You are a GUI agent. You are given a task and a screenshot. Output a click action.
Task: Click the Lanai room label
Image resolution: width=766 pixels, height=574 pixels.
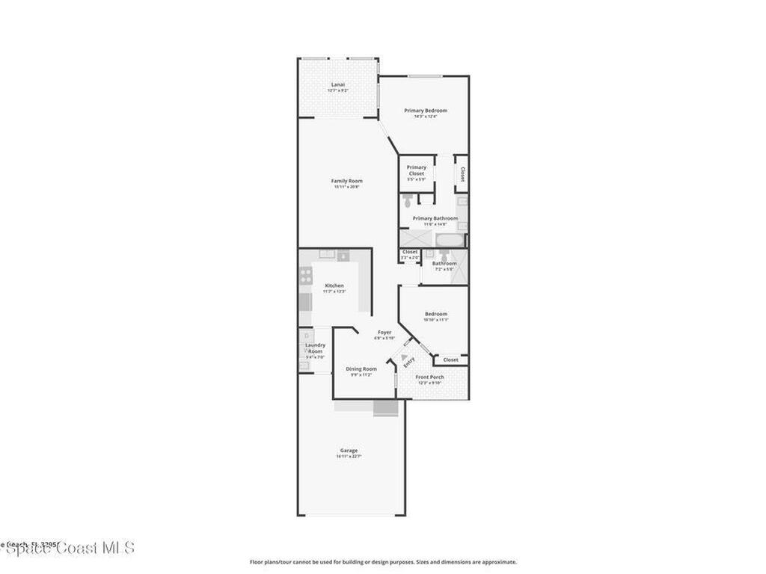338,84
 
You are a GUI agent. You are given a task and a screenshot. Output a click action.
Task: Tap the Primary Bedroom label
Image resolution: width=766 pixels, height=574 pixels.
425,111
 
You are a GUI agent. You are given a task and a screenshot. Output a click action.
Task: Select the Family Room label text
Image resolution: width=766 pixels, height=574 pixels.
346,181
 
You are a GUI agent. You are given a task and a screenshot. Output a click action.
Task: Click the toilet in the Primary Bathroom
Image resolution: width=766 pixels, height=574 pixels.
408,201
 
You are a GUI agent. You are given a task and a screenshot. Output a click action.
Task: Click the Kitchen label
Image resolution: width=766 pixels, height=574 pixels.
334,286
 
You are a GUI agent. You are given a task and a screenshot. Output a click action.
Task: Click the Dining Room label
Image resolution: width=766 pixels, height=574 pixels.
361,368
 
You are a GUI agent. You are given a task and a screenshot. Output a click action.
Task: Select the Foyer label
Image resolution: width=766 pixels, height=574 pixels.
384,332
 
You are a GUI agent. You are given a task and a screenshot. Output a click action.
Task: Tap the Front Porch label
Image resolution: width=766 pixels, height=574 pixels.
429,377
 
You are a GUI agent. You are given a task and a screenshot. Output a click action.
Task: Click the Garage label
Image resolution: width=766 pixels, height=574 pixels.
349,450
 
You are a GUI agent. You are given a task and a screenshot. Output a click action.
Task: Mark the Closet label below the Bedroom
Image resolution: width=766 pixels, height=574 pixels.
450,359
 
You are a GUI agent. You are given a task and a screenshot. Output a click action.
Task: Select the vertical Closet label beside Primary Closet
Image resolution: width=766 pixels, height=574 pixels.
462,174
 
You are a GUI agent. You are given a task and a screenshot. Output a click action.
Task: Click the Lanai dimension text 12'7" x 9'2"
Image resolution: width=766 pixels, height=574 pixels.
338,90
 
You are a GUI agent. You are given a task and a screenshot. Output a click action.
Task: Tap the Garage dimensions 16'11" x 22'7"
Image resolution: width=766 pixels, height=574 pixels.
349,456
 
